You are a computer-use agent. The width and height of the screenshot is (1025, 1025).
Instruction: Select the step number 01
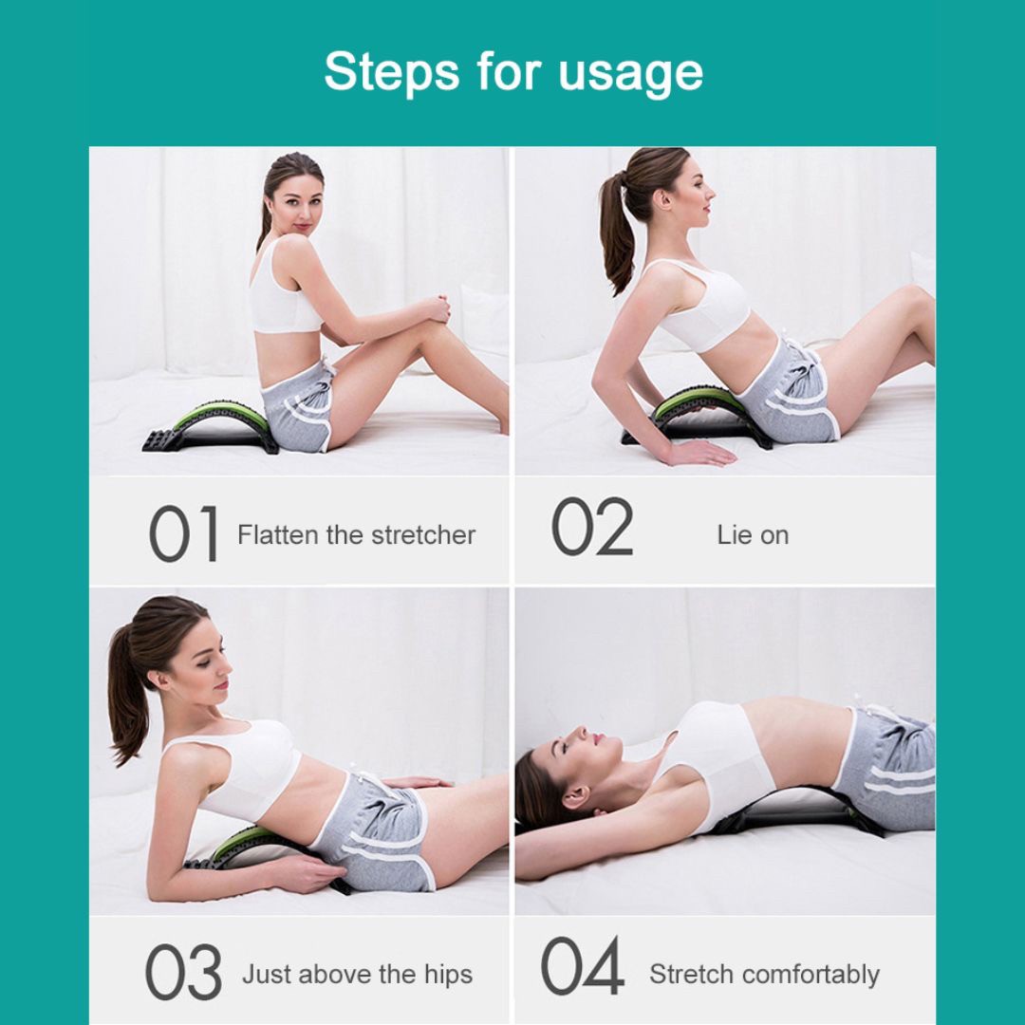184,533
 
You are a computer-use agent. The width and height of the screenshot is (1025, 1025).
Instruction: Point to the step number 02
592,526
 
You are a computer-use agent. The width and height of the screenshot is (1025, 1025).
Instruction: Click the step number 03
183,972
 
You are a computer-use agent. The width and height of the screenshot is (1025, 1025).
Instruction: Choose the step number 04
583,965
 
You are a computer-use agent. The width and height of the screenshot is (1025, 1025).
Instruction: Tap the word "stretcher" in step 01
423,534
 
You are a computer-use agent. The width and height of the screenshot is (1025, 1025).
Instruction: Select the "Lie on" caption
753,535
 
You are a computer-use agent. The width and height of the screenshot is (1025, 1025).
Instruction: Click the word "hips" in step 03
448,975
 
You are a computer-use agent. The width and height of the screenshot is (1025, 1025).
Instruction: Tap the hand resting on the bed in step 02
699,453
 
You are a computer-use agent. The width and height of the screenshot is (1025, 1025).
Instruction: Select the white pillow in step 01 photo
485,321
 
